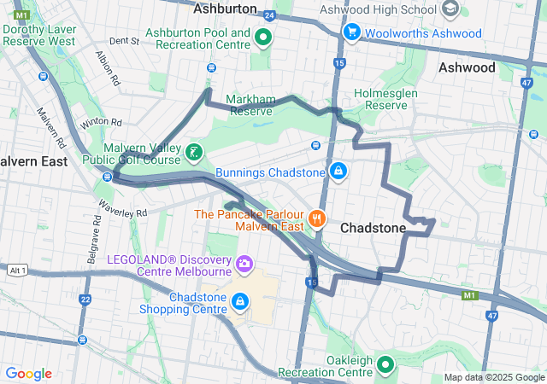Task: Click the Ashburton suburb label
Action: tap(226, 9)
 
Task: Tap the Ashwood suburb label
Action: tap(467, 67)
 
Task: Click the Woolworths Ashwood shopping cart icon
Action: tap(351, 32)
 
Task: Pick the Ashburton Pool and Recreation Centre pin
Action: tap(263, 38)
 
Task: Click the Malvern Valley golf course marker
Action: tap(195, 154)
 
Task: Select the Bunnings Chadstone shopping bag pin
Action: tap(339, 172)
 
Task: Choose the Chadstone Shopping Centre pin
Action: tap(240, 302)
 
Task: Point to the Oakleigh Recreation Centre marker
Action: tap(385, 366)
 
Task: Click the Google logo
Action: tap(28, 374)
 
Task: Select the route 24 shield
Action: tap(270, 15)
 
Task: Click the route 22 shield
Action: tap(84, 300)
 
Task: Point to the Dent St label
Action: tap(123, 40)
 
